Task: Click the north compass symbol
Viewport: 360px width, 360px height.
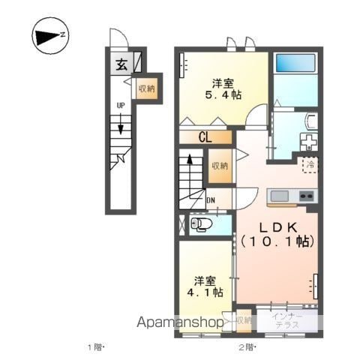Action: click(x=50, y=36)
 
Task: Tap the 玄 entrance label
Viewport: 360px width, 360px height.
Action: click(x=121, y=64)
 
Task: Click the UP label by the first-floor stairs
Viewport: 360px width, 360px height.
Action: click(x=121, y=106)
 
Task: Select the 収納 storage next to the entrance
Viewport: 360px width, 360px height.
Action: click(x=147, y=88)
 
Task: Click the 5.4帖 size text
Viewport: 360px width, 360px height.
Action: click(x=223, y=95)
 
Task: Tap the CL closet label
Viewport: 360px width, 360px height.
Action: click(x=205, y=137)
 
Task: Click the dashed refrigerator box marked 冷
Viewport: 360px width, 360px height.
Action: click(x=310, y=164)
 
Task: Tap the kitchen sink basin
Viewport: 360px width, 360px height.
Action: click(x=280, y=196)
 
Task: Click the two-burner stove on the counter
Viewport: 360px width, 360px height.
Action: click(x=307, y=196)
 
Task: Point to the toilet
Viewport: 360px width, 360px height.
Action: click(x=201, y=224)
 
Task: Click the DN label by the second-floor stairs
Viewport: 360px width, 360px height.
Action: click(x=211, y=200)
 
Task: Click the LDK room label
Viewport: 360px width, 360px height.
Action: click(x=278, y=227)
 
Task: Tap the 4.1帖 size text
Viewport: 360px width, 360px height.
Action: click(x=205, y=292)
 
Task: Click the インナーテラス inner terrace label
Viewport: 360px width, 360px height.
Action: click(x=287, y=321)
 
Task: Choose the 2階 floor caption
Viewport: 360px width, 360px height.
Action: click(x=246, y=347)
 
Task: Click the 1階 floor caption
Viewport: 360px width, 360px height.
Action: click(x=94, y=347)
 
